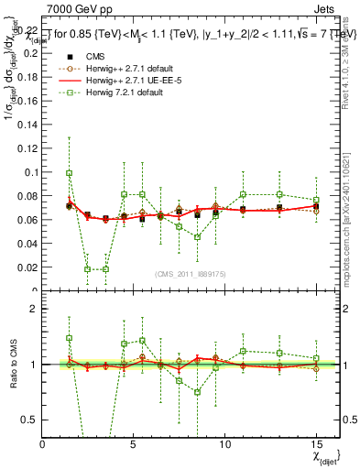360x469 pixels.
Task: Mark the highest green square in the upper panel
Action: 70,173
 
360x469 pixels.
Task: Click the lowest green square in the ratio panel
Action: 197,392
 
